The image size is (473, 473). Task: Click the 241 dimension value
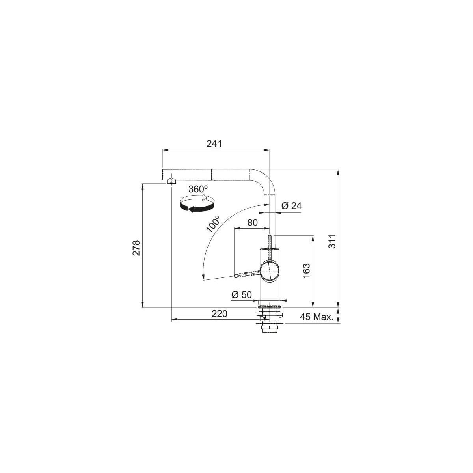(x=214, y=143)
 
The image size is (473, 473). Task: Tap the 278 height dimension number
(x=136, y=248)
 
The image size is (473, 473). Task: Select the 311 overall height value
(x=332, y=242)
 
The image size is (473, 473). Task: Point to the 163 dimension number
(x=306, y=271)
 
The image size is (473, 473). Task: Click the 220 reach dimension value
(x=219, y=313)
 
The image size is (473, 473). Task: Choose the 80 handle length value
(x=252, y=223)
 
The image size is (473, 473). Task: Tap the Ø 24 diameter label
(x=291, y=206)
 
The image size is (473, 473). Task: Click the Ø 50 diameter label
(x=242, y=294)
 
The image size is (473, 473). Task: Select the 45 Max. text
(x=317, y=317)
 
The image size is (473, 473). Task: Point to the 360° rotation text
(x=198, y=189)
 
